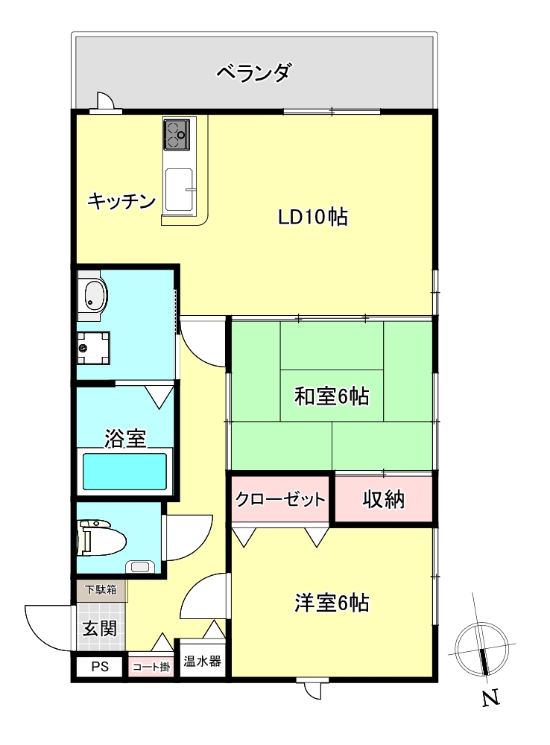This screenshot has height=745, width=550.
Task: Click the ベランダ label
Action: pos(253,74)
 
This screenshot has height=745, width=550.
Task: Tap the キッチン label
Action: pos(121,201)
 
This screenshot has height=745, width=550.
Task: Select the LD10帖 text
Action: pos(313,218)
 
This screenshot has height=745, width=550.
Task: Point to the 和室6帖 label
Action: pos(332,396)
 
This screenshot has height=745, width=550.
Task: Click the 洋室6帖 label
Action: pos(332,603)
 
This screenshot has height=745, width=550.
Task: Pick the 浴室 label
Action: pos(124,439)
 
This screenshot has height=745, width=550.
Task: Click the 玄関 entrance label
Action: pos(99,628)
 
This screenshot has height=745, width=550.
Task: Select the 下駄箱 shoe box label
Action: pos(100,590)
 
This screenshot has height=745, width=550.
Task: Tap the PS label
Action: pos(100,667)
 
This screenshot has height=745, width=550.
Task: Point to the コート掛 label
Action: pos(151,667)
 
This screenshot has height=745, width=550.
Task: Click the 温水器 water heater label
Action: pos(202,662)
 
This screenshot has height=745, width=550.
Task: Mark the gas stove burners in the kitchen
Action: pos(177,133)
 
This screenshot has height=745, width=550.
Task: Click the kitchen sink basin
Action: pos(179,188)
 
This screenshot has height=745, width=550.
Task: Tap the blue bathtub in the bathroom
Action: pos(124,472)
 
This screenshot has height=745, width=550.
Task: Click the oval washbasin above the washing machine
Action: pos(93,297)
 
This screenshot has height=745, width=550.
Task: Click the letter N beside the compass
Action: pos(490,699)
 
